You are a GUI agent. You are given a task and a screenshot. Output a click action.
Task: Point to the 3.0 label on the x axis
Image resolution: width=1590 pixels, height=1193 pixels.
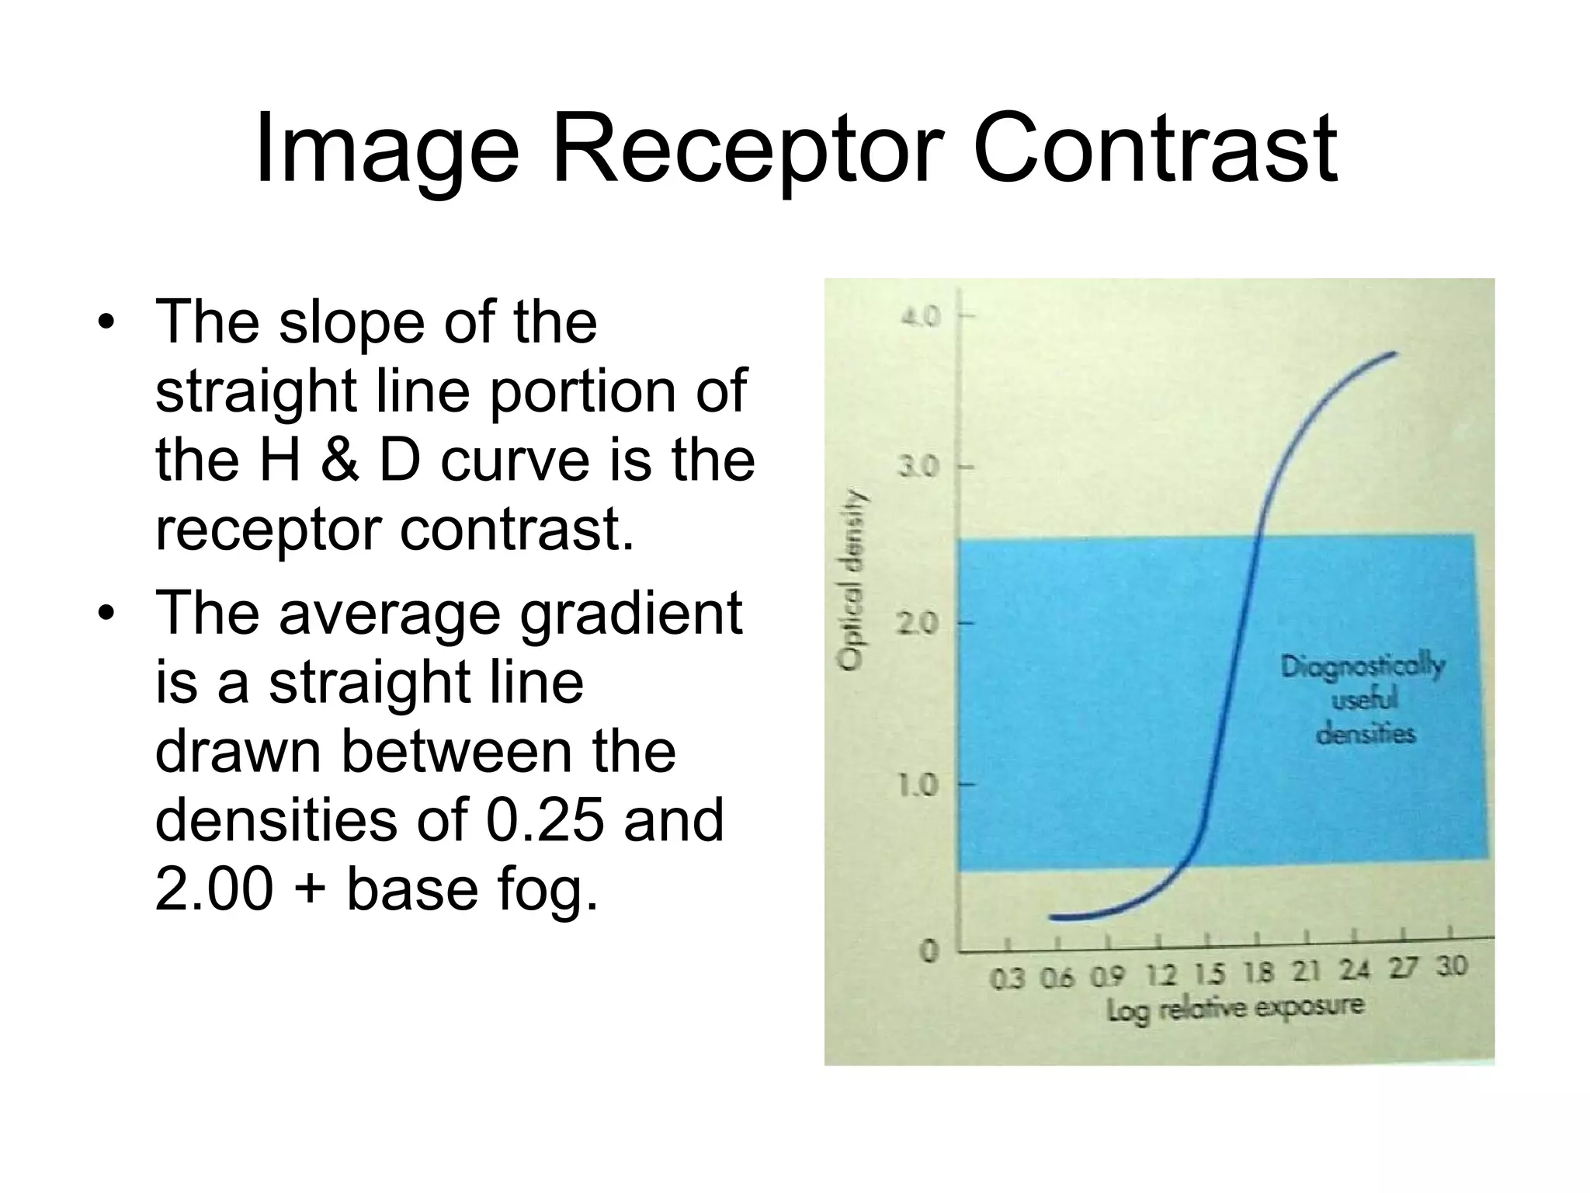1451,966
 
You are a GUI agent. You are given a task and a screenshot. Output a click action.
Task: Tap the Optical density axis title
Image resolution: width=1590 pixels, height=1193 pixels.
852,579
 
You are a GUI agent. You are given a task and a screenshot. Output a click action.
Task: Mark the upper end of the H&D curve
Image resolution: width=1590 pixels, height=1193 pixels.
1394,354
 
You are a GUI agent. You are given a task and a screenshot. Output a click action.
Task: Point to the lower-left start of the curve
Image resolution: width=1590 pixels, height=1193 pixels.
1053,917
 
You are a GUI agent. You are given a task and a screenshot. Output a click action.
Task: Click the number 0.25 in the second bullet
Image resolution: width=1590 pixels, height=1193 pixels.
544,820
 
